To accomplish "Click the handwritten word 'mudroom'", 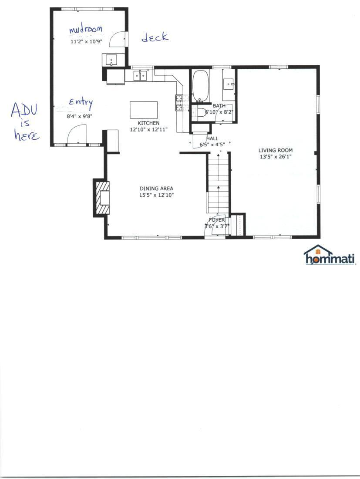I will click(86, 30).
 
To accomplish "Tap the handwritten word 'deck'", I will click(155, 37).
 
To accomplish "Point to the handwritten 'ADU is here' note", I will click(25, 122).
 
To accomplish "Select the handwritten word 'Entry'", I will click(81, 103).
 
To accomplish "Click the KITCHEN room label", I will click(148, 123).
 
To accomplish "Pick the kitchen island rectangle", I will click(144, 110).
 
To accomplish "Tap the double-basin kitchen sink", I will click(140, 76).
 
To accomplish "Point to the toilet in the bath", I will click(201, 112).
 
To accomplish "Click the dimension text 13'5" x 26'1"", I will click(276, 157).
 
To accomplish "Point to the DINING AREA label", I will click(156, 189).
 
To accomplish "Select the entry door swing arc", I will click(77, 133).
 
